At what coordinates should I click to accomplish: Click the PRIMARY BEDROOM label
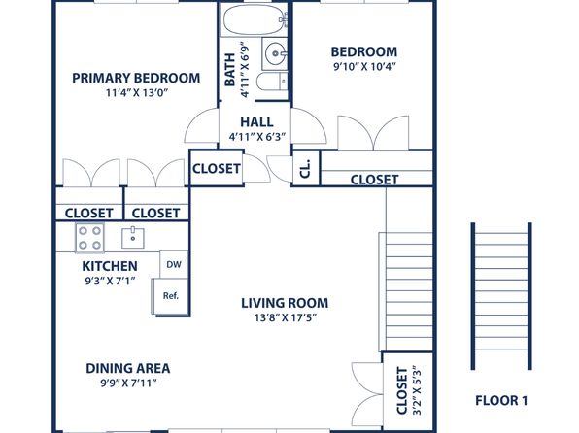137,78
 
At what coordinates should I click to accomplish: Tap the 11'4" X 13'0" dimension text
137,94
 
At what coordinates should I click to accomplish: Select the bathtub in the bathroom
254,19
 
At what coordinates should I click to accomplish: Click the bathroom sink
274,52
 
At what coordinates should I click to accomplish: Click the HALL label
256,121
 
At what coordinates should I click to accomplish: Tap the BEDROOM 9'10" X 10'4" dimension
363,67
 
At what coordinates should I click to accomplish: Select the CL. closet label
304,168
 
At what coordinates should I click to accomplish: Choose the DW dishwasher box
173,264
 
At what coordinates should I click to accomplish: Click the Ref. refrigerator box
170,296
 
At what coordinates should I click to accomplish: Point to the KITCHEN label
109,265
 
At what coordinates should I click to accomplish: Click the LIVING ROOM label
285,302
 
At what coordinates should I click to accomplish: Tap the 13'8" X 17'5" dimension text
285,317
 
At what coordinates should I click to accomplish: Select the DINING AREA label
127,368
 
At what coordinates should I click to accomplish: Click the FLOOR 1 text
500,400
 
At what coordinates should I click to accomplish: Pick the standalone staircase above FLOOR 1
500,296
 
